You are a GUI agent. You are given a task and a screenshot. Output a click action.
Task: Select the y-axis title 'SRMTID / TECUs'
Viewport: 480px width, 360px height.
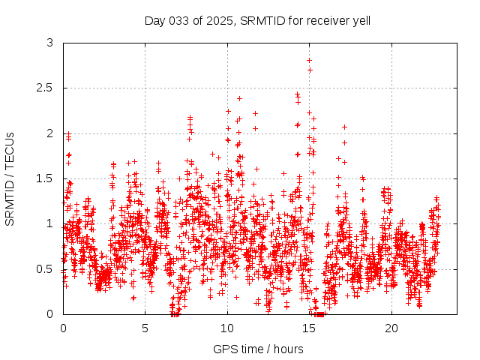point(10,178)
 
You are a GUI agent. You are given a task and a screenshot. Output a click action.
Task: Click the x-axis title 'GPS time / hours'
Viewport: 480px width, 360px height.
point(258,349)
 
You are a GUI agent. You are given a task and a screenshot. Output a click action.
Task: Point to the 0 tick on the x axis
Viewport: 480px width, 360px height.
point(63,328)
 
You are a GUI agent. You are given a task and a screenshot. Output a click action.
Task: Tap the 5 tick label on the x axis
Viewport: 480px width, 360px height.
point(145,328)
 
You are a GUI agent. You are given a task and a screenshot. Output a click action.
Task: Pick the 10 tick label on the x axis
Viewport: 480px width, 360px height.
point(227,328)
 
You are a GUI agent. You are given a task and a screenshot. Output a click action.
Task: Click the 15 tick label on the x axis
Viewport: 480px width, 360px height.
point(310,328)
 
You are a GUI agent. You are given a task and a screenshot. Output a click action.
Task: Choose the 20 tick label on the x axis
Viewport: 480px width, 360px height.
point(391,328)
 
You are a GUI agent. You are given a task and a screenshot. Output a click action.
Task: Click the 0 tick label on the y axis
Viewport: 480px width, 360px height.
point(50,314)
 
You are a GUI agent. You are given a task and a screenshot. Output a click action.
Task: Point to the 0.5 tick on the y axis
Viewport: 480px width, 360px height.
point(45,269)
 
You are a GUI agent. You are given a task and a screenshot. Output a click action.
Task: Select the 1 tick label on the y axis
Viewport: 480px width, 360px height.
point(50,223)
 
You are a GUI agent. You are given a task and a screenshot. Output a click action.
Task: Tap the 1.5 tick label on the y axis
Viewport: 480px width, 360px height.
point(45,178)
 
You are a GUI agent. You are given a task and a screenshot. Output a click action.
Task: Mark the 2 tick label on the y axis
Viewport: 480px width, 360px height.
point(50,133)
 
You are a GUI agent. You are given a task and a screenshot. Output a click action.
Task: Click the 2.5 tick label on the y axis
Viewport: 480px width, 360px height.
point(45,88)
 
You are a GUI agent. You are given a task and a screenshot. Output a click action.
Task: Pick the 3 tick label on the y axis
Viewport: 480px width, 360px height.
point(50,43)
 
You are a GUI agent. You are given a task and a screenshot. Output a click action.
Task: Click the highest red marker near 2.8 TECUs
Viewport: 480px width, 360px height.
point(309,60)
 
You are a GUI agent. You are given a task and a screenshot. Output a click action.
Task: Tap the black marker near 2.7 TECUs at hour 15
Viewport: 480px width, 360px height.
point(310,70)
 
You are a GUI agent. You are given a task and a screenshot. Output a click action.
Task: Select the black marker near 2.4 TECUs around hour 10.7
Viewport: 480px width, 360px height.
point(239,98)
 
